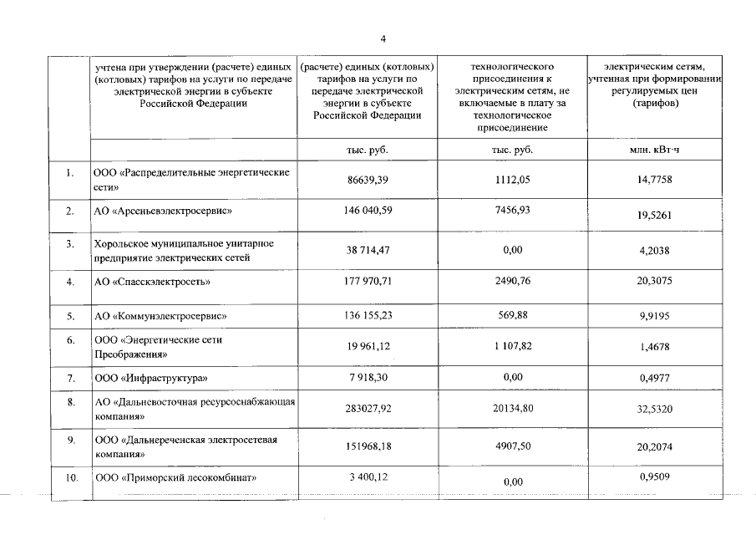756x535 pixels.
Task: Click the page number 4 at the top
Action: point(383,38)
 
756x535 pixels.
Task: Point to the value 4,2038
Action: point(654,250)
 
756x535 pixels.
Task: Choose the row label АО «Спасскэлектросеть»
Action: point(151,282)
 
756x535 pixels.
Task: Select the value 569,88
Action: point(512,316)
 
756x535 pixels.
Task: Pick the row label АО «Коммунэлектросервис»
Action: point(160,317)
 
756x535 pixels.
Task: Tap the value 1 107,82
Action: point(512,346)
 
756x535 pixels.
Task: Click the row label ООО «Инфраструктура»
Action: point(150,379)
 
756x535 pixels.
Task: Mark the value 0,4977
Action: point(654,379)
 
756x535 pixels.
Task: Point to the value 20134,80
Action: point(512,410)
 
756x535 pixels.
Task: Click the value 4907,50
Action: point(512,446)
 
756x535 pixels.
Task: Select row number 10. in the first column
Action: point(71,478)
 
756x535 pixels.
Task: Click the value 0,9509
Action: point(654,477)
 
